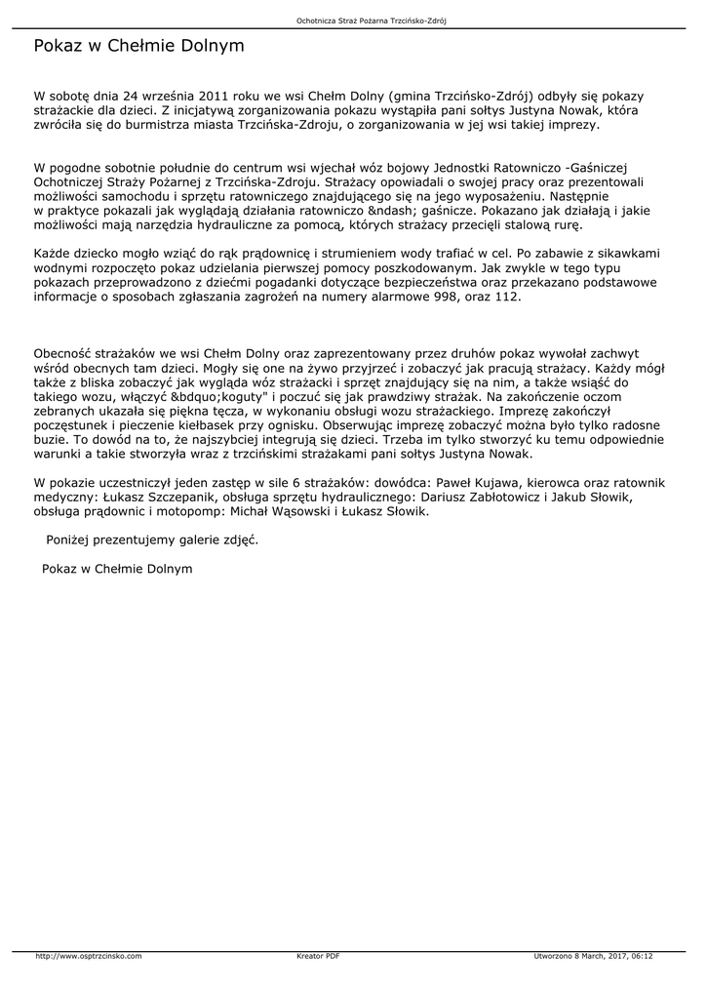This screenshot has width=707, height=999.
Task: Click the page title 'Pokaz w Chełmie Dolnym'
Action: coord(138,46)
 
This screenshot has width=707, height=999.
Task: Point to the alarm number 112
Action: coord(507,298)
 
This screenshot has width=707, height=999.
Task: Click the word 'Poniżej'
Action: coord(71,539)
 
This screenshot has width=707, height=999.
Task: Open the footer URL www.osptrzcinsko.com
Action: coord(89,956)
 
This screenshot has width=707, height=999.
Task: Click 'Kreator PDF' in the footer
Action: coord(318,956)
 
